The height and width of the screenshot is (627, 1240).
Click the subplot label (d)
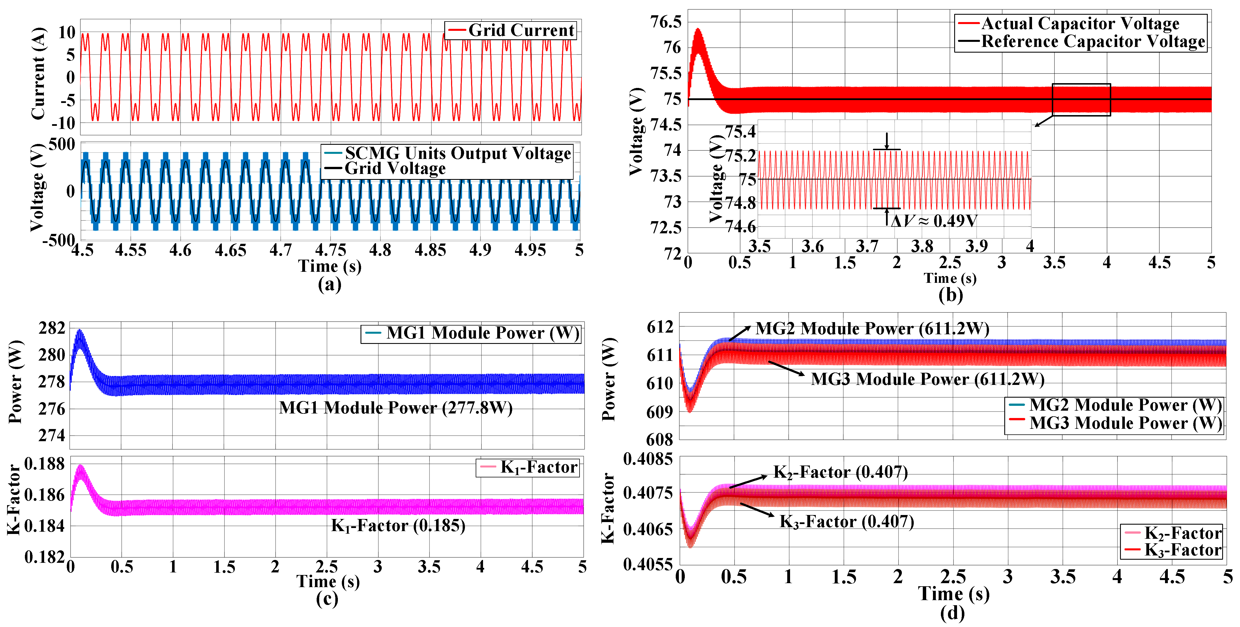tap(952, 613)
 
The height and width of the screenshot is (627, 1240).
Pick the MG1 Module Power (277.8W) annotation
tap(396, 408)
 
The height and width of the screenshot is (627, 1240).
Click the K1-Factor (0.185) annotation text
tap(398, 525)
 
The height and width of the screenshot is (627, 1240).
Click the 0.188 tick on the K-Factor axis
tap(44, 464)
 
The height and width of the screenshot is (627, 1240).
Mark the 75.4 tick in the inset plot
tap(740, 131)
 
